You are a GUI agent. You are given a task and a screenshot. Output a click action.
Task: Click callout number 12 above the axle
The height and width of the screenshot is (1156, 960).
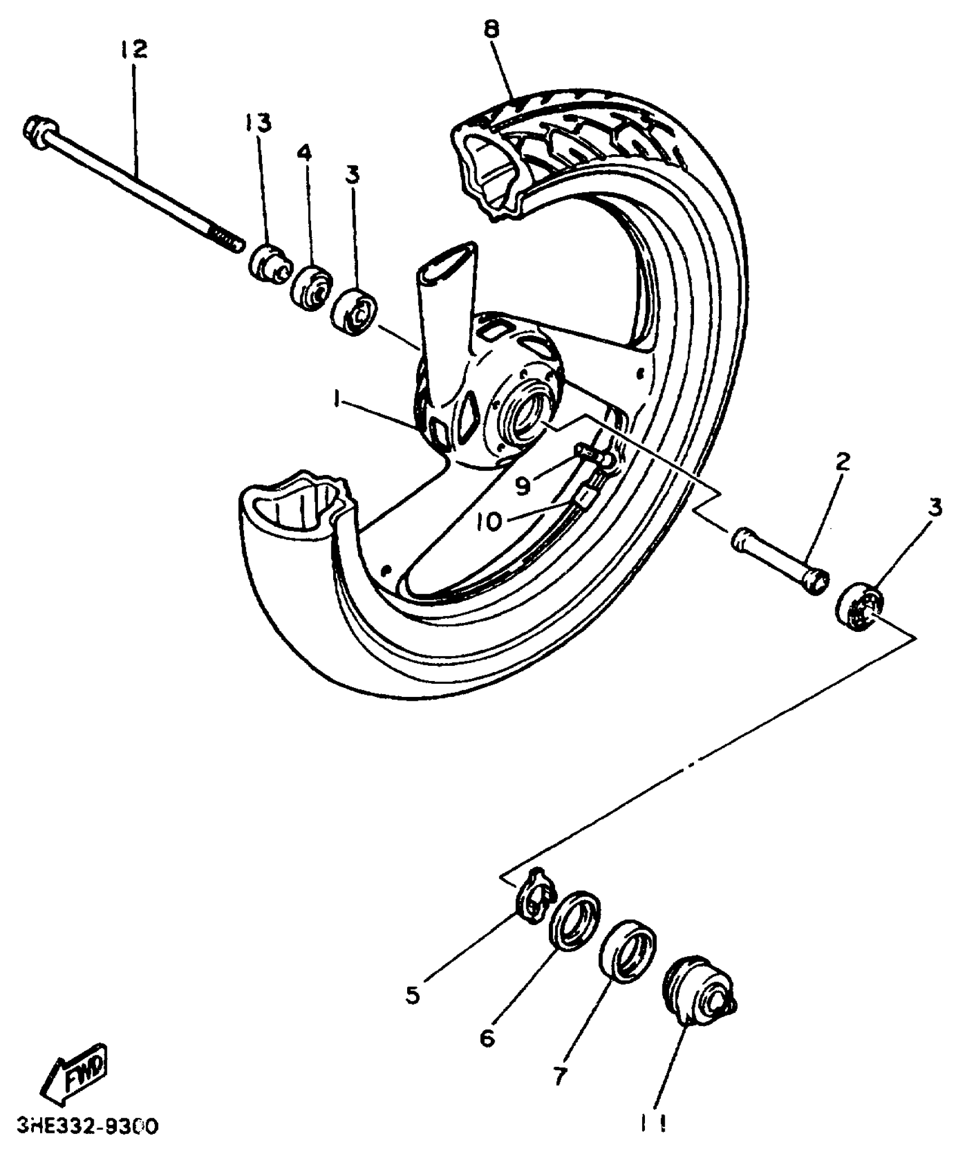[134, 49]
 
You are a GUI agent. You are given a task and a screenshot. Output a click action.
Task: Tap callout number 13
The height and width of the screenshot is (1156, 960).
[258, 123]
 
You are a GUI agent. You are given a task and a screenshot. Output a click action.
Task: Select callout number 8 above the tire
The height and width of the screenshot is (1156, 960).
[491, 29]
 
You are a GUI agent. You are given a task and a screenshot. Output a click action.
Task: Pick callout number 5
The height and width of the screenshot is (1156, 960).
[412, 995]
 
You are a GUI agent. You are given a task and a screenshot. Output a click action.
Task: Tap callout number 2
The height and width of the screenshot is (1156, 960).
[842, 462]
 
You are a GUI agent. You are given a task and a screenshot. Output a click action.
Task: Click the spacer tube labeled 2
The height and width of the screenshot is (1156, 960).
[779, 561]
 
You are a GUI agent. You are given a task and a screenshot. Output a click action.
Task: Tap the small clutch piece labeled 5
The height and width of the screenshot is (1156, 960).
[534, 904]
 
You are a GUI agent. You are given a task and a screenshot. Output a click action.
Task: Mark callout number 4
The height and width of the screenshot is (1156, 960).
[304, 152]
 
